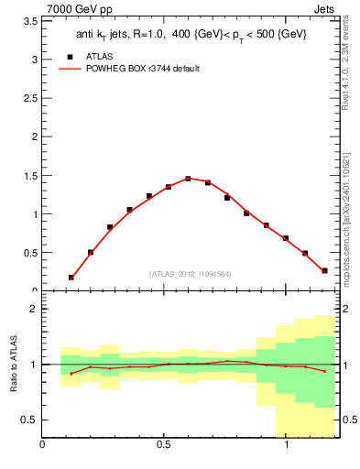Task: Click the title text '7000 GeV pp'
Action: [x=73, y=7]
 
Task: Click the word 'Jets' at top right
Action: [x=324, y=7]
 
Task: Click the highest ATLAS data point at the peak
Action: [x=188, y=179]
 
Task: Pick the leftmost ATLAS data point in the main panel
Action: [x=71, y=277]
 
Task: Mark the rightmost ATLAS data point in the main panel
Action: [x=324, y=270]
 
